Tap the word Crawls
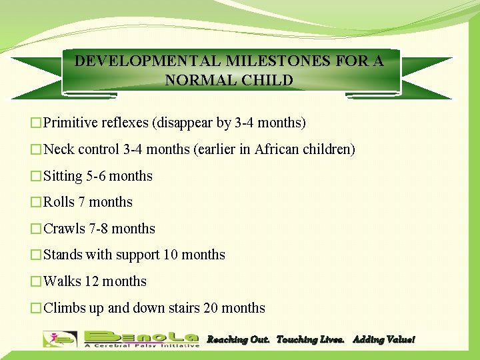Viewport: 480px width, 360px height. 64,229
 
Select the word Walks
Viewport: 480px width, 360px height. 62,281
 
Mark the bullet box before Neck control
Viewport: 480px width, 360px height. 37,150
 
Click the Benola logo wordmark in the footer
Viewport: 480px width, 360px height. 141,336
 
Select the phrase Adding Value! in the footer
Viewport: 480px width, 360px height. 383,339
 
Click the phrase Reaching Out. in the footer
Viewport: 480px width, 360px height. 237,339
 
